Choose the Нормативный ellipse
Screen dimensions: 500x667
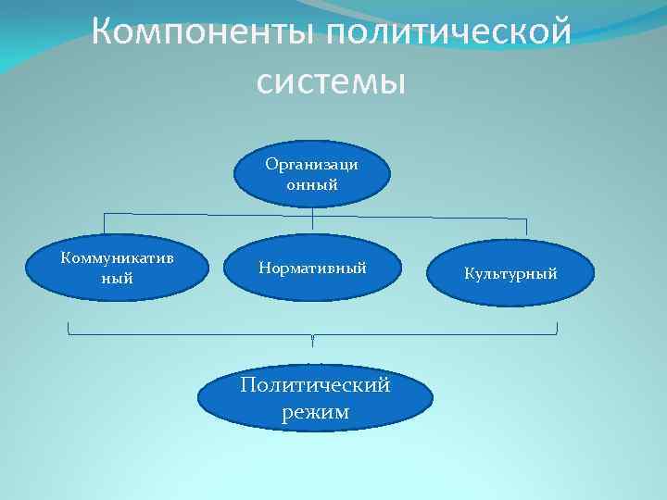[313, 268]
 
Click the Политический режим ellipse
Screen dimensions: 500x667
[315, 398]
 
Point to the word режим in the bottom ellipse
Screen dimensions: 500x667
[315, 412]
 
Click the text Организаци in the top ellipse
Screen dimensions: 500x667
[313, 164]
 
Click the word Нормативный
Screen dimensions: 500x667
[313, 268]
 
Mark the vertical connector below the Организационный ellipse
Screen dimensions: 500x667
[313, 219]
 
